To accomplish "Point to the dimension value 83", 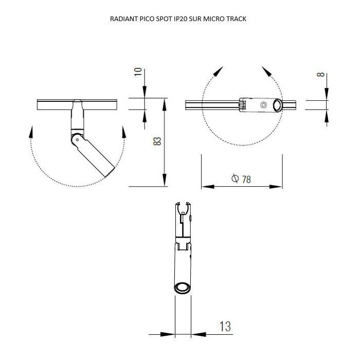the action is coord(157,141).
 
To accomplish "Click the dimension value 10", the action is coord(138,72).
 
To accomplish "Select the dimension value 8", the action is coord(320,75).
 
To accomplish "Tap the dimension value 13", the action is coord(225,326).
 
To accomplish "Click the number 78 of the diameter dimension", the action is coord(246,179).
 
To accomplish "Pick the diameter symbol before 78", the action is coord(235,178).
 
